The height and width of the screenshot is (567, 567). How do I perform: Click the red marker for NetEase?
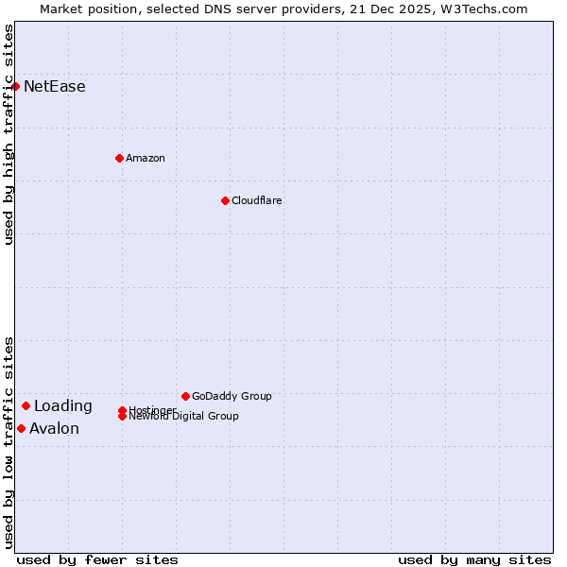15,86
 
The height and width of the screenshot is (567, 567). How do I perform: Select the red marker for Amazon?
119,158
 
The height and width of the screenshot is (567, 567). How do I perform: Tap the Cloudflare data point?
225,200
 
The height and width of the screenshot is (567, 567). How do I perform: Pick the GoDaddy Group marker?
185,396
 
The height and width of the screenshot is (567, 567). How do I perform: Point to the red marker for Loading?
26,405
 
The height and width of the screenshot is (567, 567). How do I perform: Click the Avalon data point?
21,428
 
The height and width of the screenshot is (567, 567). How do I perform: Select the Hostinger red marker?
122,410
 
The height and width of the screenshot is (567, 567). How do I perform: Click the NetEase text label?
55,87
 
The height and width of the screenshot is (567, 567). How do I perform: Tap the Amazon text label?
146,158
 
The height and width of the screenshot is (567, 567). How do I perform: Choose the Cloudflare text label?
257,200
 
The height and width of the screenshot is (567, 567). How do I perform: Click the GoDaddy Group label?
232,396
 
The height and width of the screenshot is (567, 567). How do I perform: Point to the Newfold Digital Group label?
184,417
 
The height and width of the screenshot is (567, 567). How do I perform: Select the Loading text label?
63,406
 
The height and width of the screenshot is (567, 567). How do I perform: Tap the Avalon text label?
55,429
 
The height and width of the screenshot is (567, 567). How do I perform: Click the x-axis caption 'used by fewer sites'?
97,559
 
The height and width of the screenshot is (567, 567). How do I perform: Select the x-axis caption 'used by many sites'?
474,559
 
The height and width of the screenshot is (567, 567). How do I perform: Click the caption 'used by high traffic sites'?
9,134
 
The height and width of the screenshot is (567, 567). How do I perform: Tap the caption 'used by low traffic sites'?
9,441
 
